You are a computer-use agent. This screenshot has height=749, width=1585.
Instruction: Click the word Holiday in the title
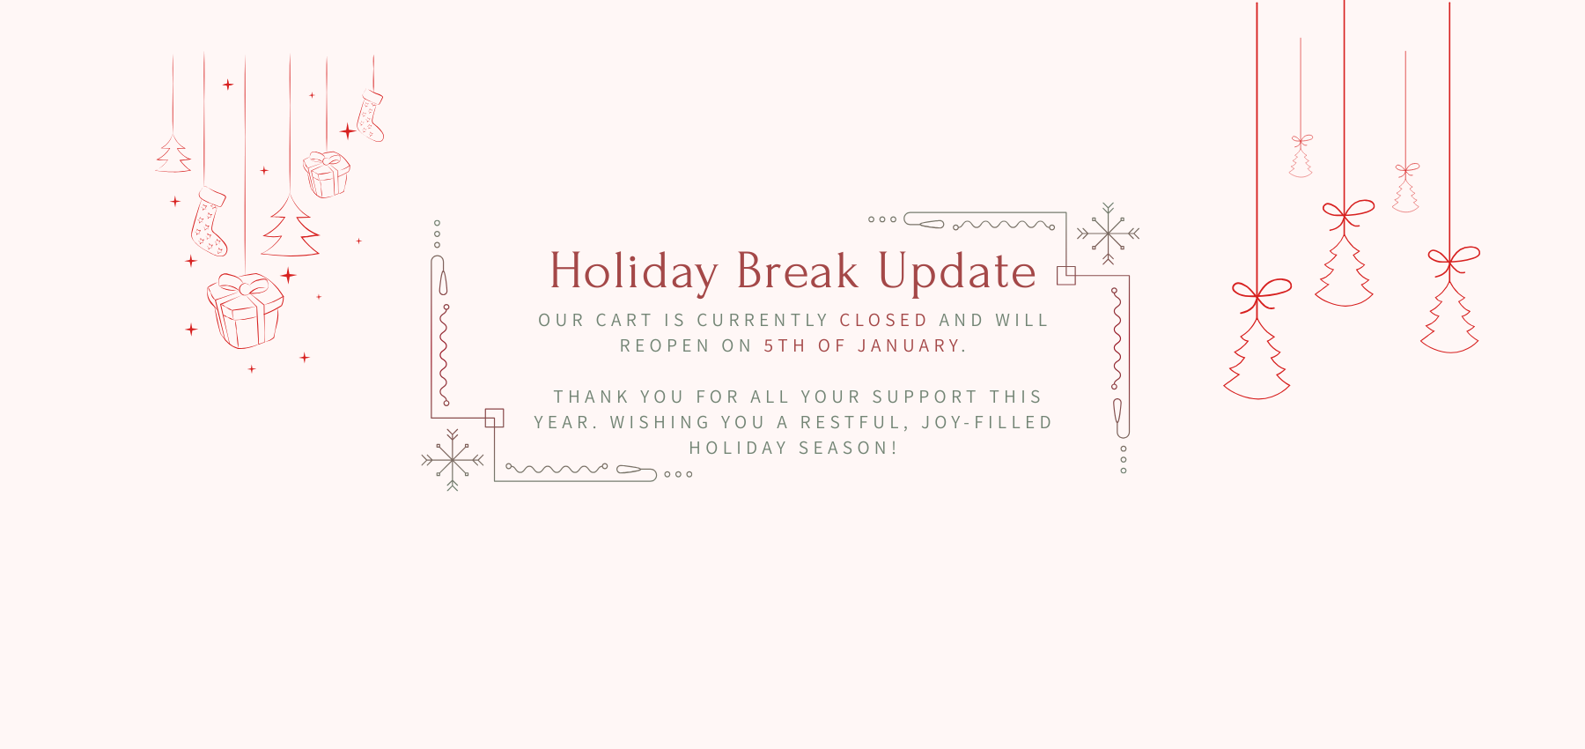point(634,272)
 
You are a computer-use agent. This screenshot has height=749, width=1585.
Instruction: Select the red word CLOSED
point(883,320)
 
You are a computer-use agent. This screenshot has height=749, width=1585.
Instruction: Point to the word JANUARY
point(909,345)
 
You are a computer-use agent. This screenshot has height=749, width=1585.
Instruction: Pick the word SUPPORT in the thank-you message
point(925,397)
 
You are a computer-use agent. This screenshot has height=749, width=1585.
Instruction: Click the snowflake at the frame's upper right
point(1109,234)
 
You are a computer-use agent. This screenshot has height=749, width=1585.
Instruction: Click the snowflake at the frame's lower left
point(453,460)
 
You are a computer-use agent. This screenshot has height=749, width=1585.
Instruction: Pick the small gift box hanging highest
point(326,174)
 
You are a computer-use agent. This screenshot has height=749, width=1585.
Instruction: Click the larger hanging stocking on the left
point(209,221)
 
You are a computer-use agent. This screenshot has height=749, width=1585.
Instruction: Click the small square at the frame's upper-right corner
point(1066,276)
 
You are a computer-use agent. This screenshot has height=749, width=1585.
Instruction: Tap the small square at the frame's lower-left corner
point(495,418)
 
